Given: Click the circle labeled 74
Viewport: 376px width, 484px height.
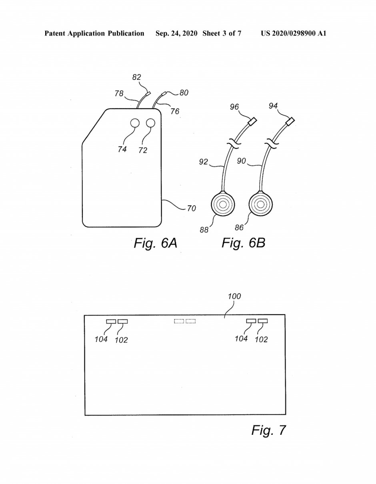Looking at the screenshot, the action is pyautogui.click(x=135, y=123).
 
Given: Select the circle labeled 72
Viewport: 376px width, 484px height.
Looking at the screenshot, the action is pyautogui.click(x=150, y=123).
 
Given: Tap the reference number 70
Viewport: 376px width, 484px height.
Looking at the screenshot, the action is pyautogui.click(x=191, y=209).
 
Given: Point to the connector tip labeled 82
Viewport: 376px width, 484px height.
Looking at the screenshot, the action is pyautogui.click(x=148, y=94).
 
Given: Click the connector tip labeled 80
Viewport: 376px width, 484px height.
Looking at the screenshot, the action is pyautogui.click(x=164, y=94).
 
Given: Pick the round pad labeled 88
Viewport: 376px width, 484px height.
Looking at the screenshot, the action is pyautogui.click(x=223, y=204).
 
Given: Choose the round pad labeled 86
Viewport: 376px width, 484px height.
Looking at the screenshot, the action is pyautogui.click(x=261, y=204).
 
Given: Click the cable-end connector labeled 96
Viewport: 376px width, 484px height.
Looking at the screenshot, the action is pyautogui.click(x=252, y=121).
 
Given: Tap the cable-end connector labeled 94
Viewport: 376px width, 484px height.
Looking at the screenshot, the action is pyautogui.click(x=290, y=121).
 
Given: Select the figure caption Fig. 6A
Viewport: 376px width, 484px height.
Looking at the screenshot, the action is pyautogui.click(x=155, y=243).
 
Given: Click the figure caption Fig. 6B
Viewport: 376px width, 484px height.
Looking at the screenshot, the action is pyautogui.click(x=243, y=243).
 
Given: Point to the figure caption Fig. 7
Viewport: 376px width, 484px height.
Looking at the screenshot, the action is pyautogui.click(x=268, y=430).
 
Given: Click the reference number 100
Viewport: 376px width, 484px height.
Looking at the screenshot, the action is pyautogui.click(x=234, y=297).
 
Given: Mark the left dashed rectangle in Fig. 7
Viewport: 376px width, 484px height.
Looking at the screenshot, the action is pyautogui.click(x=179, y=321).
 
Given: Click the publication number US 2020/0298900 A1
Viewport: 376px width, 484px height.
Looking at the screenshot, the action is pyautogui.click(x=294, y=34).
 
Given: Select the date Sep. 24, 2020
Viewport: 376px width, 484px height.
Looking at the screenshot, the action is pyautogui.click(x=176, y=34).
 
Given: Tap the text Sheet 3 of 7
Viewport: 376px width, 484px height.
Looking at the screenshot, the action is pyautogui.click(x=222, y=34).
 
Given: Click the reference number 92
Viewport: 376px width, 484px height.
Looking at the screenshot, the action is pyautogui.click(x=203, y=162).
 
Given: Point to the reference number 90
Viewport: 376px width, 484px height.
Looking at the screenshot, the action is pyautogui.click(x=241, y=161).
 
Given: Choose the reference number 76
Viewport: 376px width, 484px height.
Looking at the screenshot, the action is pyautogui.click(x=175, y=112).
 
